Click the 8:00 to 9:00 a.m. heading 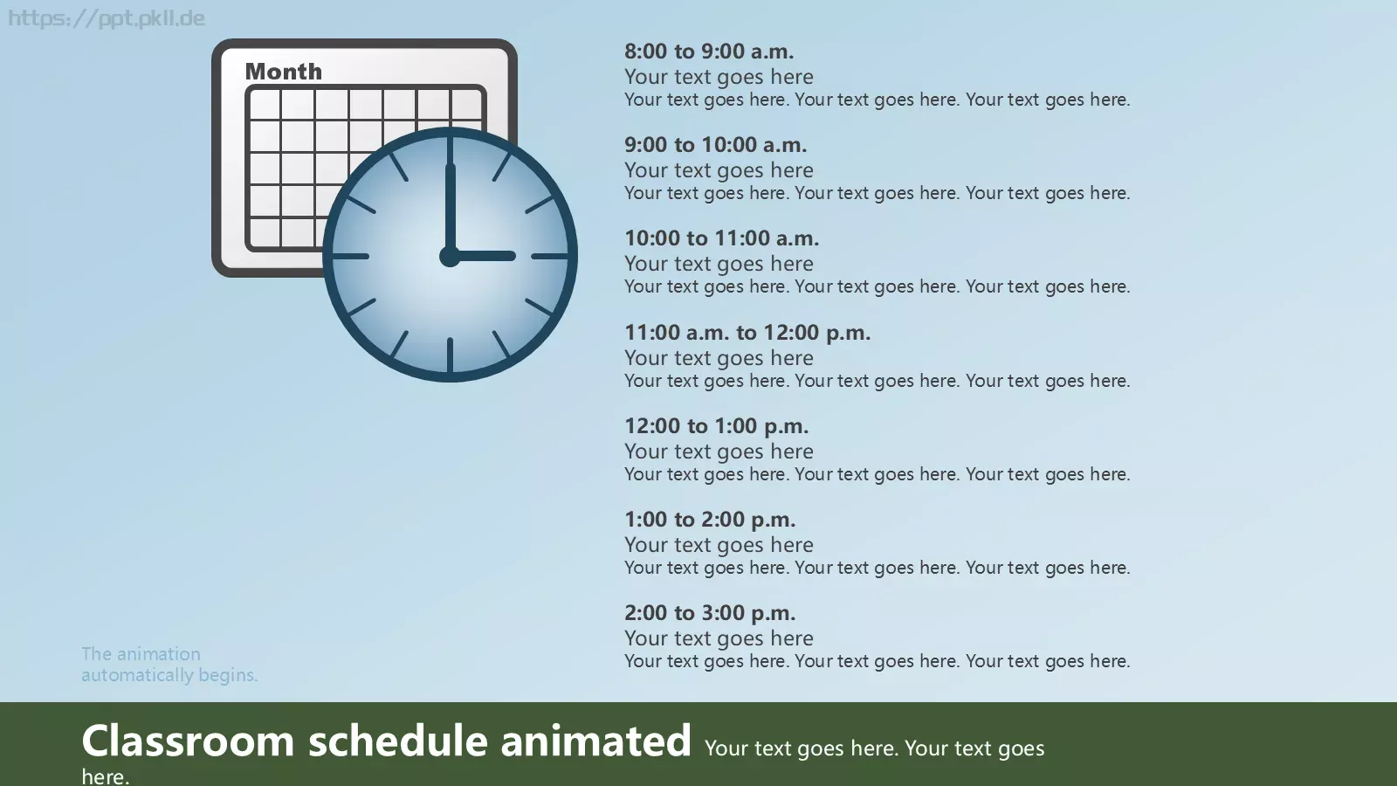tap(709, 52)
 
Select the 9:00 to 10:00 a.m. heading tap(715, 145)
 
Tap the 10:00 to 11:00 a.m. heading tap(721, 238)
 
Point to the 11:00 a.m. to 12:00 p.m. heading tap(747, 333)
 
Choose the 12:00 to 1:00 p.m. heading tap(716, 426)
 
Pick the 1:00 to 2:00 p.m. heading tap(710, 520)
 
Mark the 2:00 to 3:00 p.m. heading tap(710, 613)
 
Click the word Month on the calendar tap(284, 72)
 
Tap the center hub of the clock tap(450, 256)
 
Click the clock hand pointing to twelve tap(450, 209)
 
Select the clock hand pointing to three tap(483, 256)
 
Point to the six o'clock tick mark tap(450, 355)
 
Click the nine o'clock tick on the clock tap(350, 256)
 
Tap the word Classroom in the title tap(188, 741)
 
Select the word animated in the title tap(595, 741)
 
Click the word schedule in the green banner tap(398, 741)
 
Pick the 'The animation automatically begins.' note tap(169, 665)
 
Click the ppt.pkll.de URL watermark tap(106, 18)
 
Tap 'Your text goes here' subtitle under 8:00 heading tap(719, 77)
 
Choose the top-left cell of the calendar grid tap(265, 104)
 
